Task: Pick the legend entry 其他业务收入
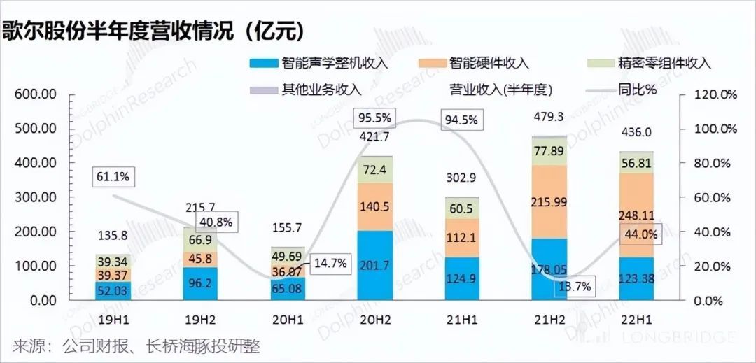click(321, 90)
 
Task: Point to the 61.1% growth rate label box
click(111, 177)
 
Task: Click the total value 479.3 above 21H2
click(549, 117)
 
